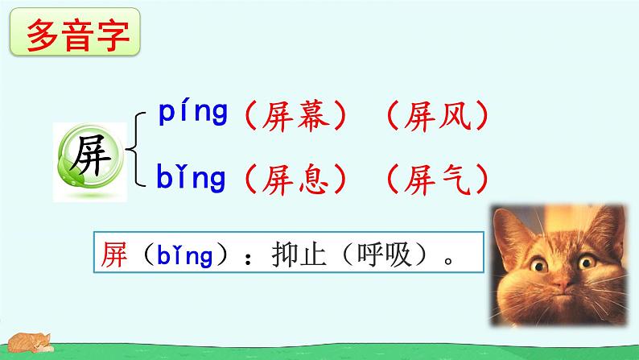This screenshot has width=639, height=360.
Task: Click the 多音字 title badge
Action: [x=77, y=35]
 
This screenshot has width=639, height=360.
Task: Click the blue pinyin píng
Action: [x=192, y=114]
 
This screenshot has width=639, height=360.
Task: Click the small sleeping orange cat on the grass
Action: [x=29, y=341]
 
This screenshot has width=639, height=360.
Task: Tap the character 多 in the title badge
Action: [x=44, y=35]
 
